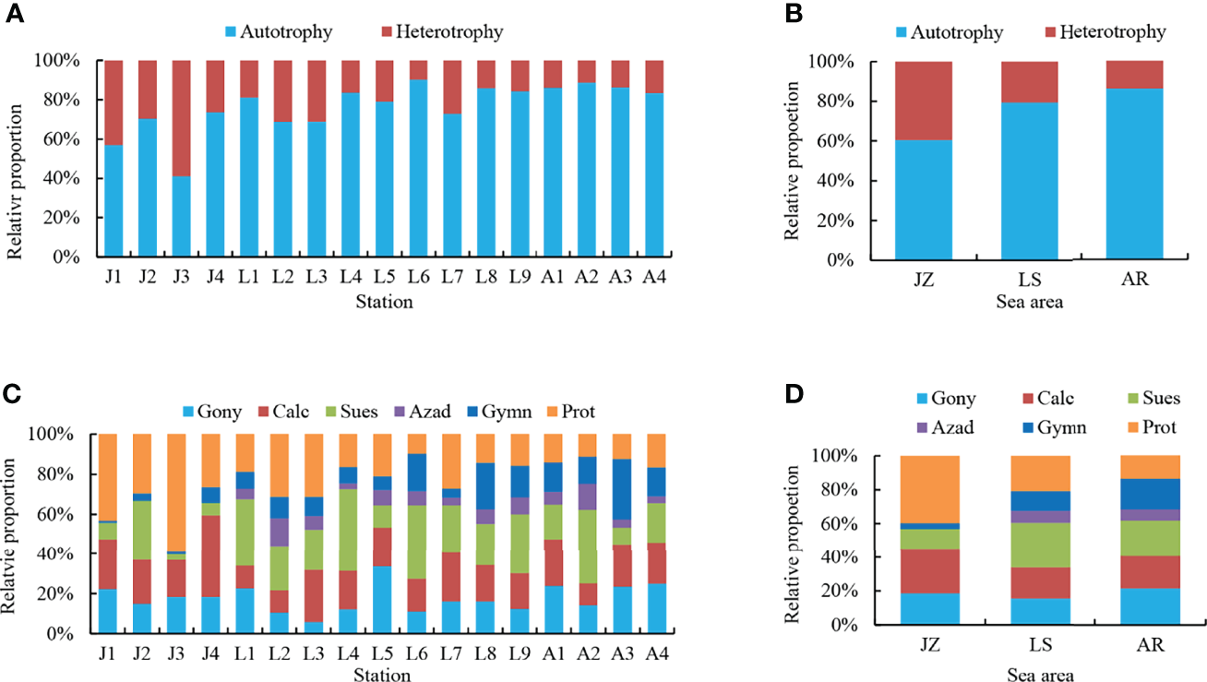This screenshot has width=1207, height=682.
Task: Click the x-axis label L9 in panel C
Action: [x=520, y=654]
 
